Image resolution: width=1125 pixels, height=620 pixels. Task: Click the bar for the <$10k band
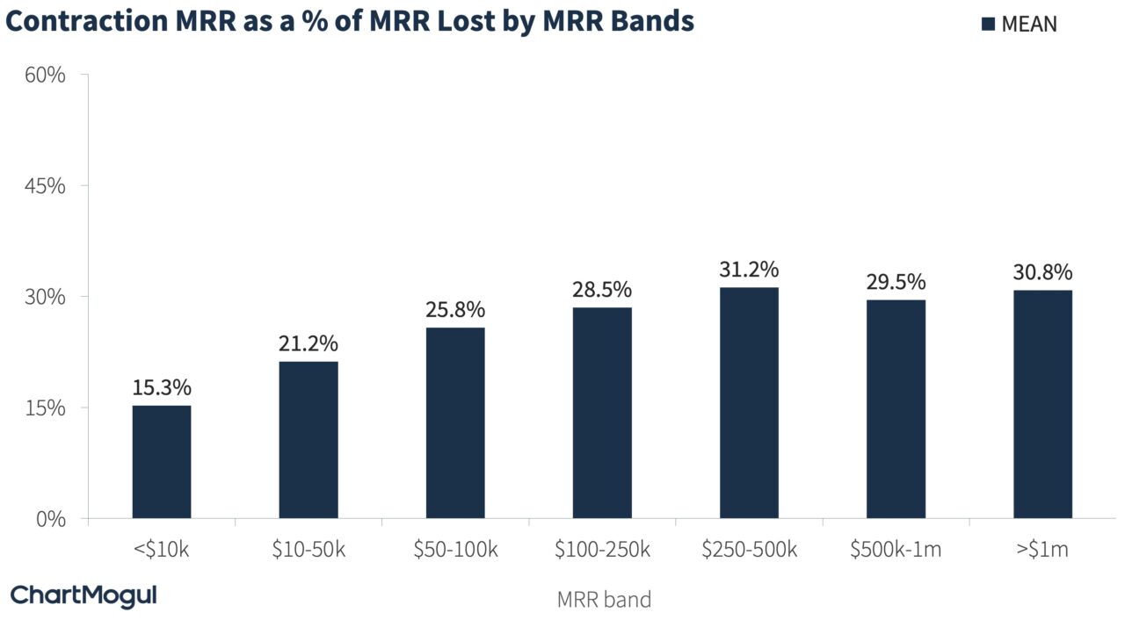tap(162, 462)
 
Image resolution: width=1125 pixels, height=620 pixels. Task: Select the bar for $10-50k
tap(308, 440)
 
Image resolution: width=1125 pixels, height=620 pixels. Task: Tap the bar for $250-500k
tap(749, 403)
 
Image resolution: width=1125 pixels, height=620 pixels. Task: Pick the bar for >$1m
tap(1042, 404)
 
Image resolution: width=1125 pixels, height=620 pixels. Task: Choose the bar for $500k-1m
tap(896, 409)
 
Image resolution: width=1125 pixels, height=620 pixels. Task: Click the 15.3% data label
tap(162, 388)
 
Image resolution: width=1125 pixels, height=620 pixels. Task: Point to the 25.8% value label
tap(455, 311)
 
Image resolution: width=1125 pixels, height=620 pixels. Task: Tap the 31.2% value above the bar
tap(749, 270)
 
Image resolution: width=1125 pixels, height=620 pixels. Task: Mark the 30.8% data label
tap(1042, 273)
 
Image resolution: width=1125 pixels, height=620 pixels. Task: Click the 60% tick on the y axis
tap(45, 76)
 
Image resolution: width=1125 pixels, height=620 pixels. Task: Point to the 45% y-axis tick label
tap(45, 186)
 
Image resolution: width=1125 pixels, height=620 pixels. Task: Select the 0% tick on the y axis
tap(50, 519)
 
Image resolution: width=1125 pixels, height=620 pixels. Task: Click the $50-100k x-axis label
tap(455, 551)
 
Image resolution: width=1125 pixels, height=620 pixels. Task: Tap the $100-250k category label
tap(602, 551)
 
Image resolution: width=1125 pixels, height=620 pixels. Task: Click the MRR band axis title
tap(604, 600)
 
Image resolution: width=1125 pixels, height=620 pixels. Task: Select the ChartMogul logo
tap(83, 595)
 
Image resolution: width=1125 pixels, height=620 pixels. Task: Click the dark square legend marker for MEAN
tap(987, 25)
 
